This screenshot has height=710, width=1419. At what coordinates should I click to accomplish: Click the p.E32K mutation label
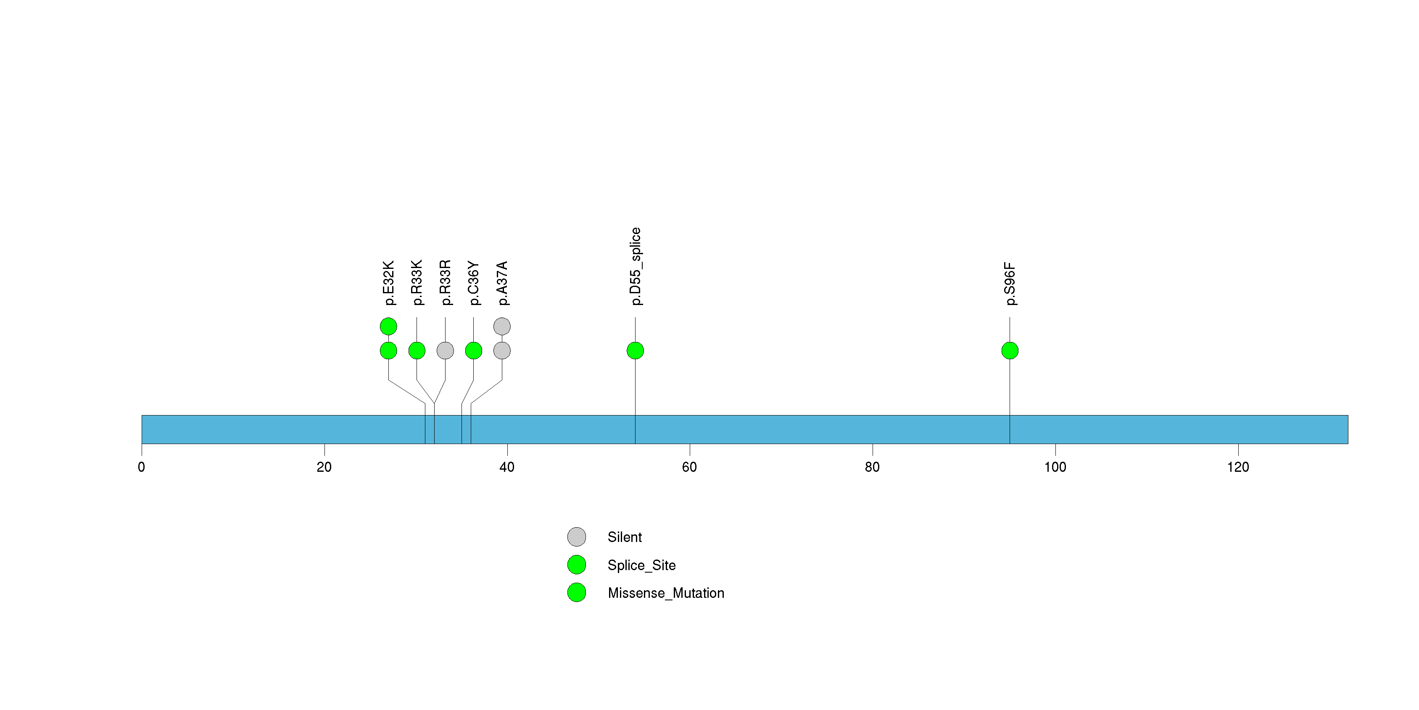(x=389, y=283)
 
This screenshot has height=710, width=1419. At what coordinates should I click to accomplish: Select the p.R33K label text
(x=417, y=282)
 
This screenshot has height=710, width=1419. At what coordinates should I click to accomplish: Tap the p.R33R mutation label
(x=446, y=282)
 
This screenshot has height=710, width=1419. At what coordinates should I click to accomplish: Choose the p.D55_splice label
(x=636, y=266)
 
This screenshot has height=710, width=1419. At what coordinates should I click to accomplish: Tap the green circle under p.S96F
(x=1010, y=351)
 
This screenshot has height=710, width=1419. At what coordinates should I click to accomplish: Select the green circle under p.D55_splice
(x=635, y=351)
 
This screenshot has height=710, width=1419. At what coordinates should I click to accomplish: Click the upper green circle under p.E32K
(x=388, y=326)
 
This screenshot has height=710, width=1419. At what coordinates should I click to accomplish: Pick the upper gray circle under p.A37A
(x=502, y=326)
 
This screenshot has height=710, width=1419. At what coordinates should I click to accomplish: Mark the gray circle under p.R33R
(x=445, y=351)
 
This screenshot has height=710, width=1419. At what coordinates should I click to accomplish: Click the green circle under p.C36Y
(x=474, y=351)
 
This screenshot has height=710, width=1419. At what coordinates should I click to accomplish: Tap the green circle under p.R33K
(x=417, y=351)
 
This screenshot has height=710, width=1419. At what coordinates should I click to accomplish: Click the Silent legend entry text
(x=625, y=537)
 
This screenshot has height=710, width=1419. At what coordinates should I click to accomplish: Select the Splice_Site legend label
(x=641, y=565)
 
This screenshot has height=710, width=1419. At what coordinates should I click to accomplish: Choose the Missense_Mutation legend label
(x=665, y=593)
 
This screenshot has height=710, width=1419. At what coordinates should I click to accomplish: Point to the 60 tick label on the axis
(x=690, y=467)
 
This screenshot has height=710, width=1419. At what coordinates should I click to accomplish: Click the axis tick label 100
(x=1055, y=467)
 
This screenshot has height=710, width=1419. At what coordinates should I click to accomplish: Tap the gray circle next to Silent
(x=577, y=537)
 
